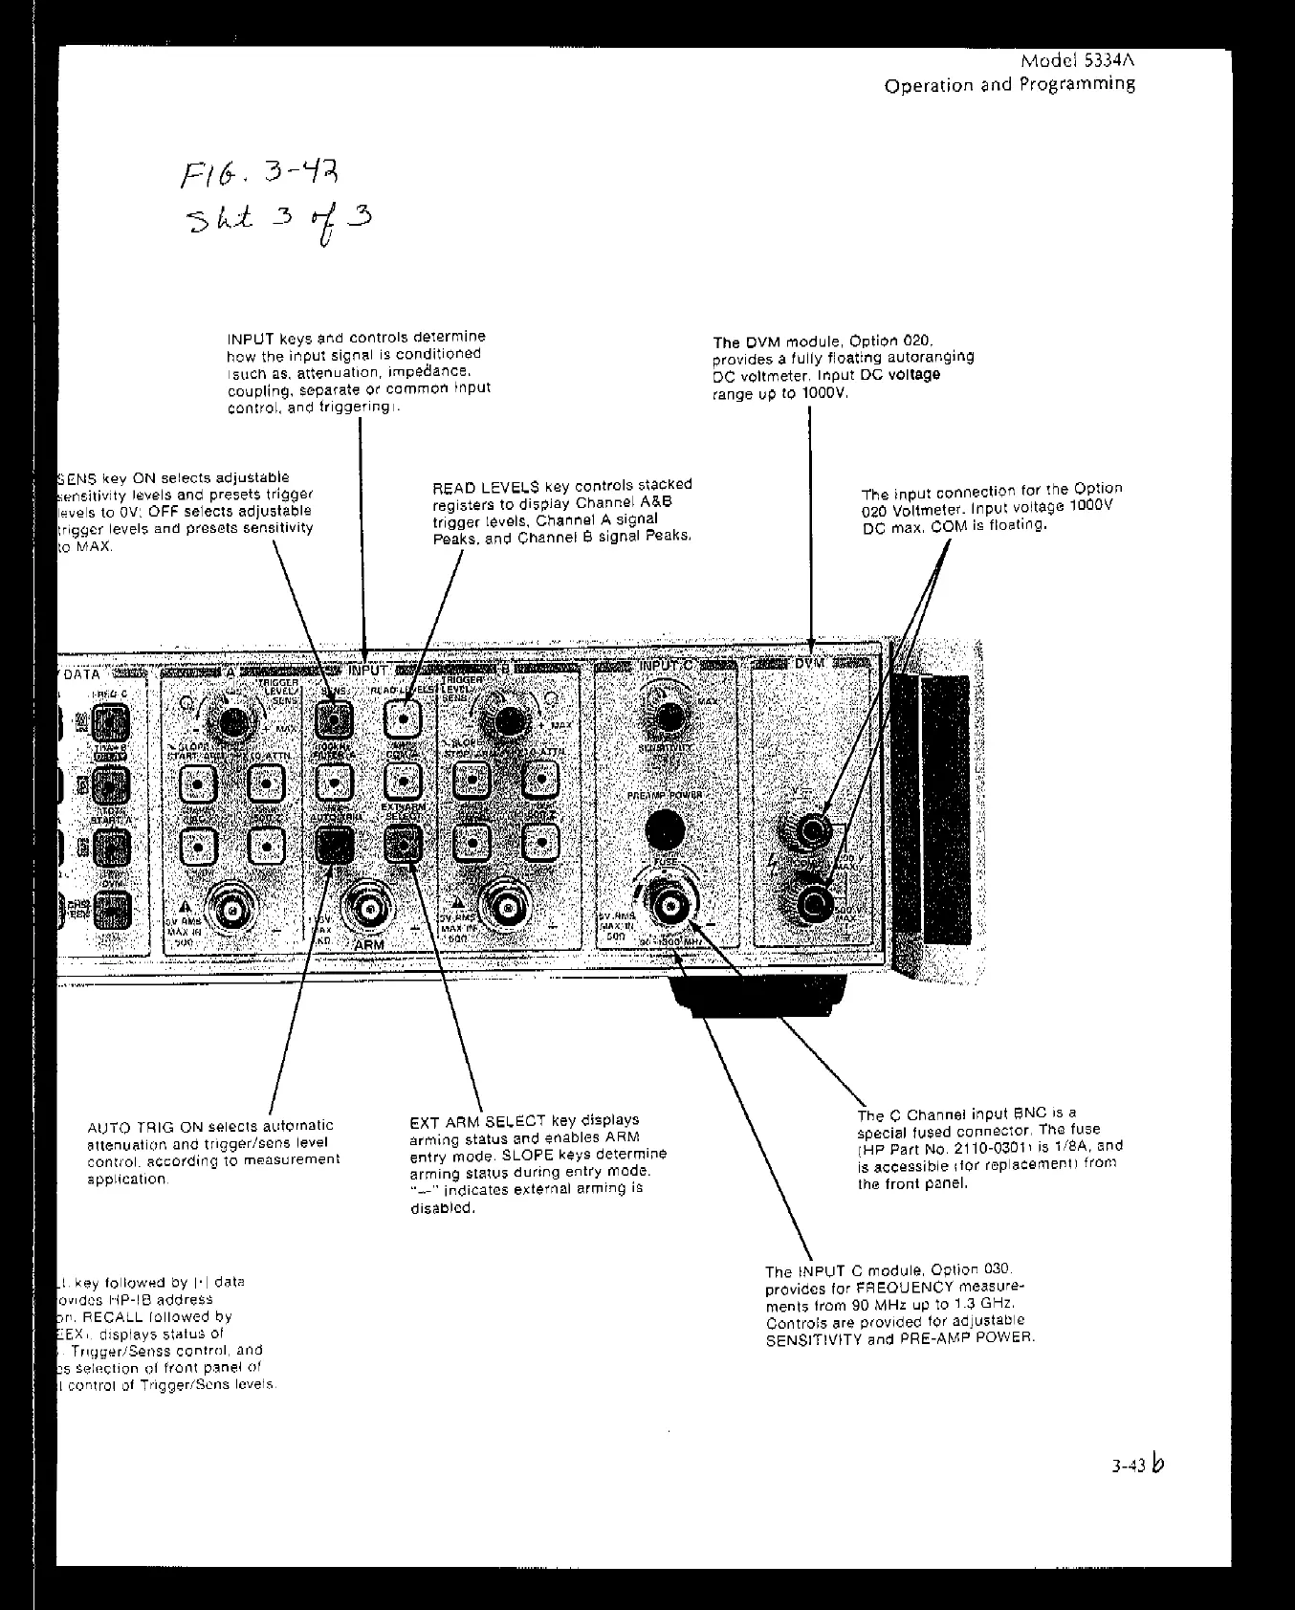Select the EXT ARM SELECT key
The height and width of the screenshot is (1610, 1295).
[x=403, y=844]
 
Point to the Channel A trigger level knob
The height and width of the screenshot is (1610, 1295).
[x=230, y=724]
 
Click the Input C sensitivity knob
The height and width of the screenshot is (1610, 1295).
[x=669, y=718]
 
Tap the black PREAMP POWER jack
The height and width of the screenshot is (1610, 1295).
[x=668, y=828]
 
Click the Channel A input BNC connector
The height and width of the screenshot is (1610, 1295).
[x=230, y=913]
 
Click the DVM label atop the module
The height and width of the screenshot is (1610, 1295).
[x=810, y=663]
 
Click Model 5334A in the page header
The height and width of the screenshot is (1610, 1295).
[x=1077, y=61]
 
